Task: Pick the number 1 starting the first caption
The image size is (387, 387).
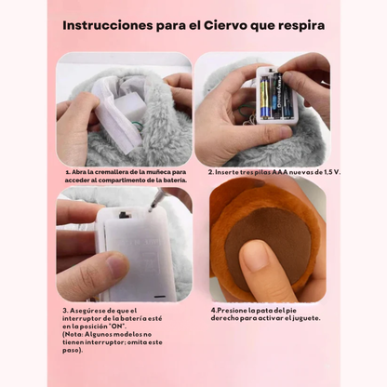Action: pyautogui.click(x=66, y=172)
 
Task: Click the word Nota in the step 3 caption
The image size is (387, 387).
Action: pyautogui.click(x=75, y=336)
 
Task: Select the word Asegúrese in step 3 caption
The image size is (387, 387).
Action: pyautogui.click(x=90, y=310)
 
